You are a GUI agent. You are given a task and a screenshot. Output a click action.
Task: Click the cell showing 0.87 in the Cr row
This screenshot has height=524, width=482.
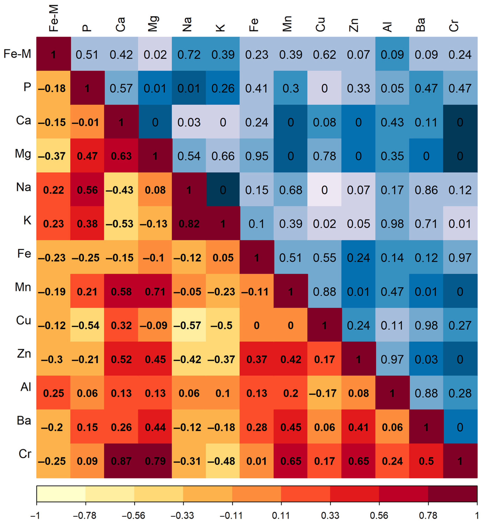point(121,461)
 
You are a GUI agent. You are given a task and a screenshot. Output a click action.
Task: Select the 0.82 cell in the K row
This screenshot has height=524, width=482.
point(189,224)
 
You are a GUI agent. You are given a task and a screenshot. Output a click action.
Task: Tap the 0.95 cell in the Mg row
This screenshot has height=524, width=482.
point(257,156)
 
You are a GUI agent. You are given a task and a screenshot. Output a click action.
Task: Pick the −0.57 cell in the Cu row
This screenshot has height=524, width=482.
point(189,325)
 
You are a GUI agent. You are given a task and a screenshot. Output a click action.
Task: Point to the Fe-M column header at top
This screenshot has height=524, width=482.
point(53,18)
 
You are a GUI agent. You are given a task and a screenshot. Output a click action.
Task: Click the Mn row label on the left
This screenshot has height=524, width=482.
point(23,287)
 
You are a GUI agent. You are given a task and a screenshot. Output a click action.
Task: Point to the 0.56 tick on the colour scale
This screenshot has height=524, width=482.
point(379,515)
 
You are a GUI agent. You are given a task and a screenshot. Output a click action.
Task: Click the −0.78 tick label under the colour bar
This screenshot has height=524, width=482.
point(85,515)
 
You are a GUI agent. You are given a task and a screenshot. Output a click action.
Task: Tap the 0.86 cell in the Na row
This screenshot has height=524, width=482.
point(426,190)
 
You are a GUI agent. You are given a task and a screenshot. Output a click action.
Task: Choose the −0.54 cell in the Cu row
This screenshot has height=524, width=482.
point(87,325)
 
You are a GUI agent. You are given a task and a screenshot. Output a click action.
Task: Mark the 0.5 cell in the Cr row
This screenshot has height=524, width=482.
point(426,461)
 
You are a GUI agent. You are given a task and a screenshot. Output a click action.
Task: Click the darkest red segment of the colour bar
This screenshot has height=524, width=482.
point(452,493)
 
